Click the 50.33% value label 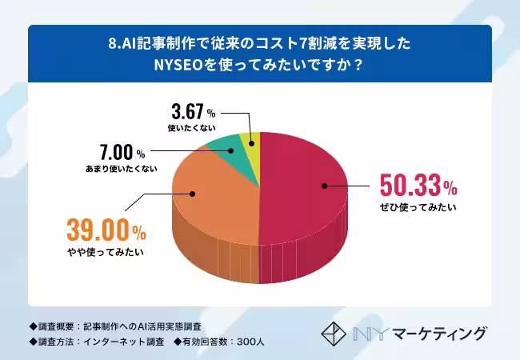417,188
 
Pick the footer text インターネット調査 122,342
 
